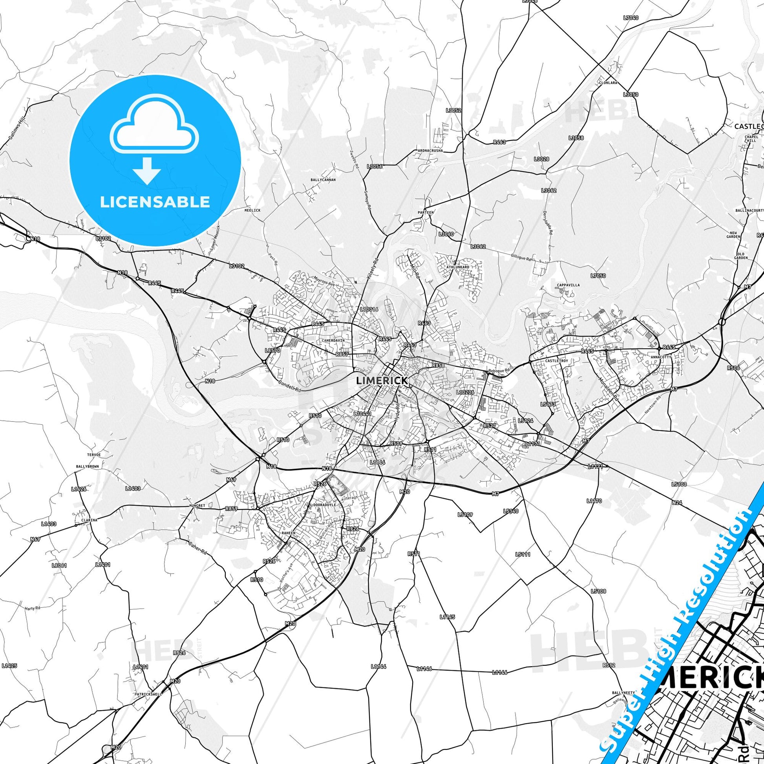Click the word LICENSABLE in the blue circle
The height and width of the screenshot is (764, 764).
(x=155, y=202)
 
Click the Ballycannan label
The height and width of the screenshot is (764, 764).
(x=323, y=179)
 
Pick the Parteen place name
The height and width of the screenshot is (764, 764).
(x=426, y=212)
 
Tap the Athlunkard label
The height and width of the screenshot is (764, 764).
(x=457, y=267)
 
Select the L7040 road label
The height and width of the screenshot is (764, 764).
(x=631, y=18)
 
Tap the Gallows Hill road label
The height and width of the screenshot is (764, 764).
(x=15, y=130)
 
